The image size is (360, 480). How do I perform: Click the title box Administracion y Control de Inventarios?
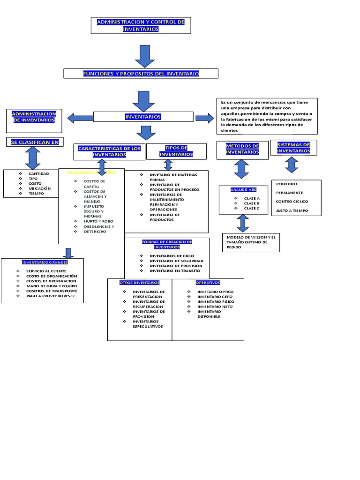pos(141,26)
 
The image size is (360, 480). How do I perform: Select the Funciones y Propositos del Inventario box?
pos(141,74)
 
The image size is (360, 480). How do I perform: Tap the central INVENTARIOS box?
pos(143,117)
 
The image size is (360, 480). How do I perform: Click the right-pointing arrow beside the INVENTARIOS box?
pos(204,118)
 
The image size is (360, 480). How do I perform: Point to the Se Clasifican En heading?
pos(35,142)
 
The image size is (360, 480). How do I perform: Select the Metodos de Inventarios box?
pos(242,149)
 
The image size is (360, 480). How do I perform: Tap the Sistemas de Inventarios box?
pos(293,148)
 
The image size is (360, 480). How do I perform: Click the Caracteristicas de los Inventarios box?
pos(109,151)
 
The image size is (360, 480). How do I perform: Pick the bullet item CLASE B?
pos(251,203)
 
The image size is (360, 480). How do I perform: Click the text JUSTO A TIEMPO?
pos(292,211)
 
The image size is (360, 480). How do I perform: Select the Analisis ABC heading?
pos(243,190)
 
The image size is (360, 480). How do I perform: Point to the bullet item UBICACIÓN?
pos(39,188)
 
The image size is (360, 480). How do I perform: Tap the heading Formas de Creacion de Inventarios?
pos(167,244)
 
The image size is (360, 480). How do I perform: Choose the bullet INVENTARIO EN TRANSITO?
pos(174,271)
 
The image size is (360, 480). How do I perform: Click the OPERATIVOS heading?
pos(208,283)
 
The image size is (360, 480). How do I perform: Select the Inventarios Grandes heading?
pos(42,262)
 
